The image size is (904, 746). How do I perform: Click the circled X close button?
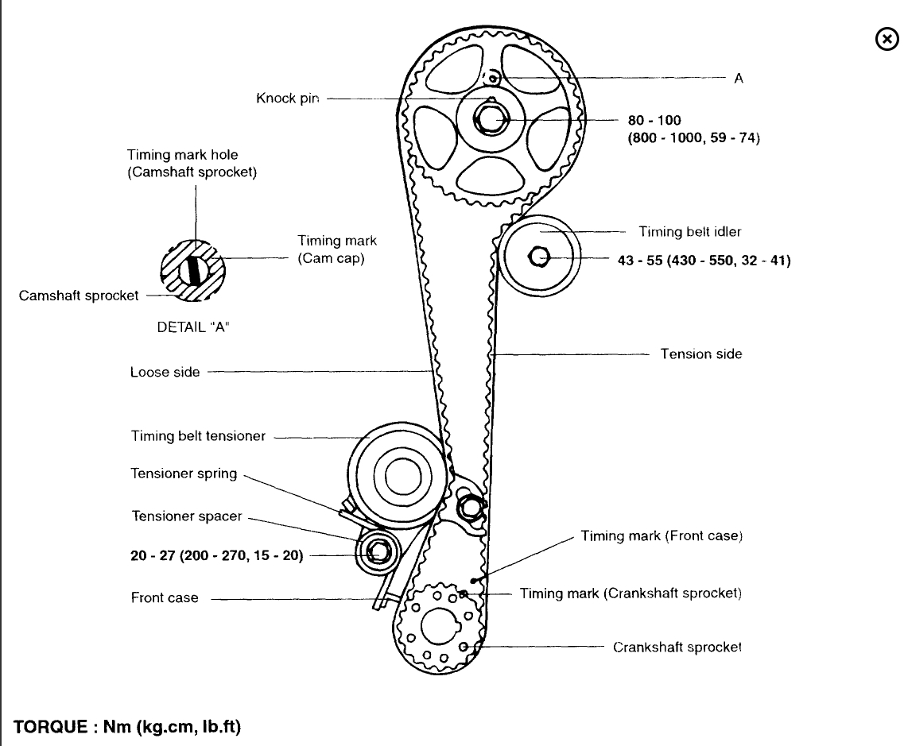(886, 39)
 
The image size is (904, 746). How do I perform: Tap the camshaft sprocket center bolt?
(490, 120)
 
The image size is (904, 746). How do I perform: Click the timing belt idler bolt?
(538, 257)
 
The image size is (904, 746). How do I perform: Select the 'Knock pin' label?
(287, 99)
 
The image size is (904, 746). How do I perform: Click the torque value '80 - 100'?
(654, 121)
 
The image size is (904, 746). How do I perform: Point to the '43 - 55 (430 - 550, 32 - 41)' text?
(704, 260)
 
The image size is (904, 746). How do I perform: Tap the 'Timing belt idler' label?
(689, 232)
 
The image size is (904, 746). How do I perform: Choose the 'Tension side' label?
(700, 354)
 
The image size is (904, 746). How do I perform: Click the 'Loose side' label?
(165, 371)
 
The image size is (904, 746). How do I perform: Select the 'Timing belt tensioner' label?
(198, 436)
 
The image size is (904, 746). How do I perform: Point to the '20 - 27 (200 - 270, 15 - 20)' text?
(216, 556)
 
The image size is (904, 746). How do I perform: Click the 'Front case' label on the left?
(165, 597)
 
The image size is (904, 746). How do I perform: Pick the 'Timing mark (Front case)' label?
(661, 536)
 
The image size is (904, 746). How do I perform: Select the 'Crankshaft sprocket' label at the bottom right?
(677, 647)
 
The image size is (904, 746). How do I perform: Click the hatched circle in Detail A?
(193, 269)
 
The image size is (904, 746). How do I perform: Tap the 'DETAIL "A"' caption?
(193, 327)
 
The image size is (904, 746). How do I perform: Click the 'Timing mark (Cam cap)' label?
(337, 249)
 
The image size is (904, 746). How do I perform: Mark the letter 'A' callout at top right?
(739, 78)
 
